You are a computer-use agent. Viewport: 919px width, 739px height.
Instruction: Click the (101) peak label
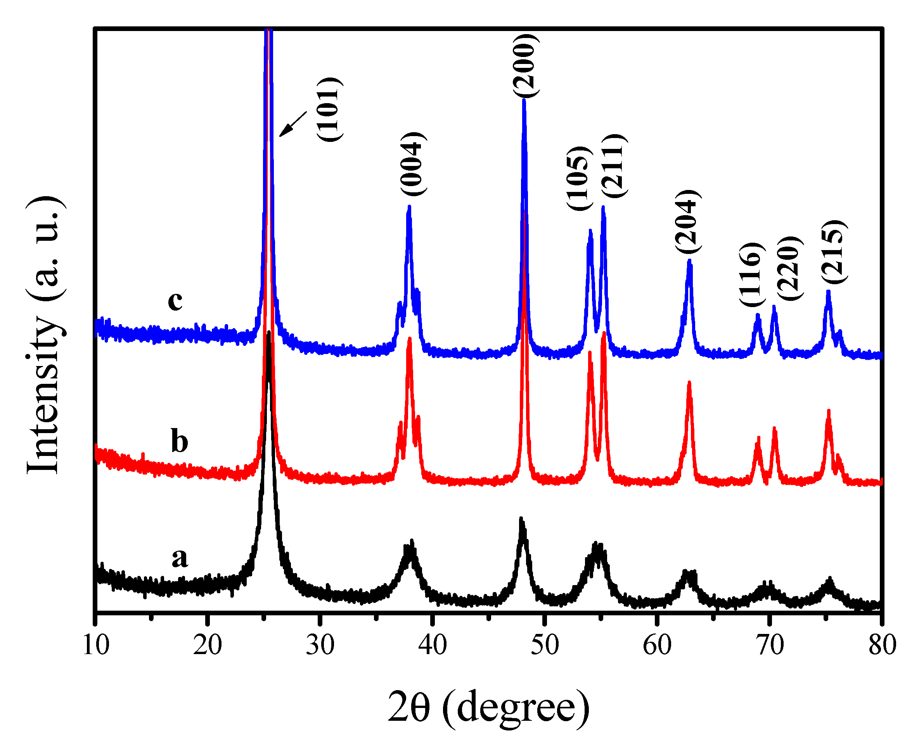[x=329, y=109]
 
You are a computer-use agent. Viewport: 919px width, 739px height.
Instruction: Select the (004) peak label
[x=413, y=164]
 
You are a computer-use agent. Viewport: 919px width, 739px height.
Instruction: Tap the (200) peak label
[x=526, y=66]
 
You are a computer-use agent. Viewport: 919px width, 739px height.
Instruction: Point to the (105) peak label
[x=579, y=178]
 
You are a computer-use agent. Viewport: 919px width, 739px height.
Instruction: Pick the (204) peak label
[x=688, y=221]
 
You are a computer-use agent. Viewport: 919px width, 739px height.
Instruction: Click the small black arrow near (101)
[x=293, y=124]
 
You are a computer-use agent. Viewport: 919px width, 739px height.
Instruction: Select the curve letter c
[x=175, y=301]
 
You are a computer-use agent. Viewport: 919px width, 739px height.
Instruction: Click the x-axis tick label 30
[x=320, y=645]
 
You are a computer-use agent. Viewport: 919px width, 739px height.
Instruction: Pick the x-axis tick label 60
[x=657, y=645]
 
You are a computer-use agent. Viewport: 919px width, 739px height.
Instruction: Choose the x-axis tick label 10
[x=95, y=645]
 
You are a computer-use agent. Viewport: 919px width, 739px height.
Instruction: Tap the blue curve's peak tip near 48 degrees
[x=524, y=100]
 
